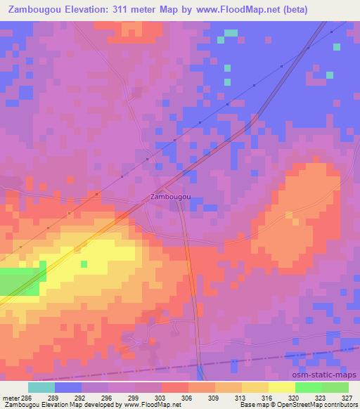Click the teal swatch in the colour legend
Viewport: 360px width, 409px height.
point(41,387)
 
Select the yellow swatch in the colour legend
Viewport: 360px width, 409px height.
point(281,387)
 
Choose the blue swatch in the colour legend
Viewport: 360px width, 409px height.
point(68,387)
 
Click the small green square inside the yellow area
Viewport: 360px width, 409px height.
point(84,264)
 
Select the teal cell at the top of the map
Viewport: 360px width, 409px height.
point(231,33)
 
